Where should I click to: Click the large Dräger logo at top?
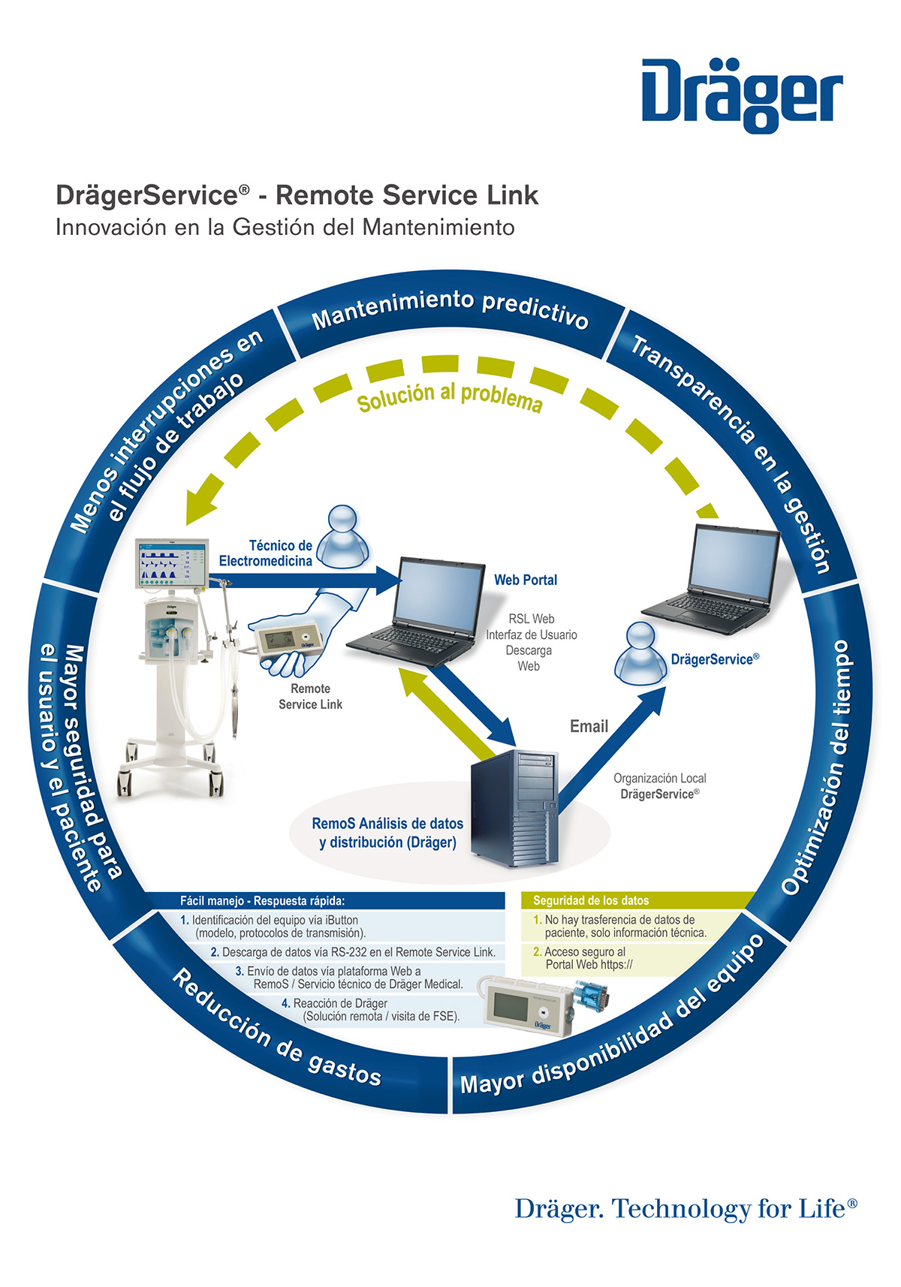pos(742,95)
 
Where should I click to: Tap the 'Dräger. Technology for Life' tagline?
pos(686,1208)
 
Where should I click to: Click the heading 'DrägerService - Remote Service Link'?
pos(297,194)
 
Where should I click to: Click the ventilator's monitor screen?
pos(172,562)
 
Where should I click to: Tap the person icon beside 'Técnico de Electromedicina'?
pos(343,536)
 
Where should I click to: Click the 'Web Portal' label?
pos(525,580)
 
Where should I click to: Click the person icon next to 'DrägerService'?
pos(640,654)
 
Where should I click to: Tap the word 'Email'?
pos(589,727)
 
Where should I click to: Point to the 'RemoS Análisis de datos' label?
pos(387,824)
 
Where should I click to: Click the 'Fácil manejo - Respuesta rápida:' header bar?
pos(325,900)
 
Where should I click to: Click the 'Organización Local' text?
pos(660,778)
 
